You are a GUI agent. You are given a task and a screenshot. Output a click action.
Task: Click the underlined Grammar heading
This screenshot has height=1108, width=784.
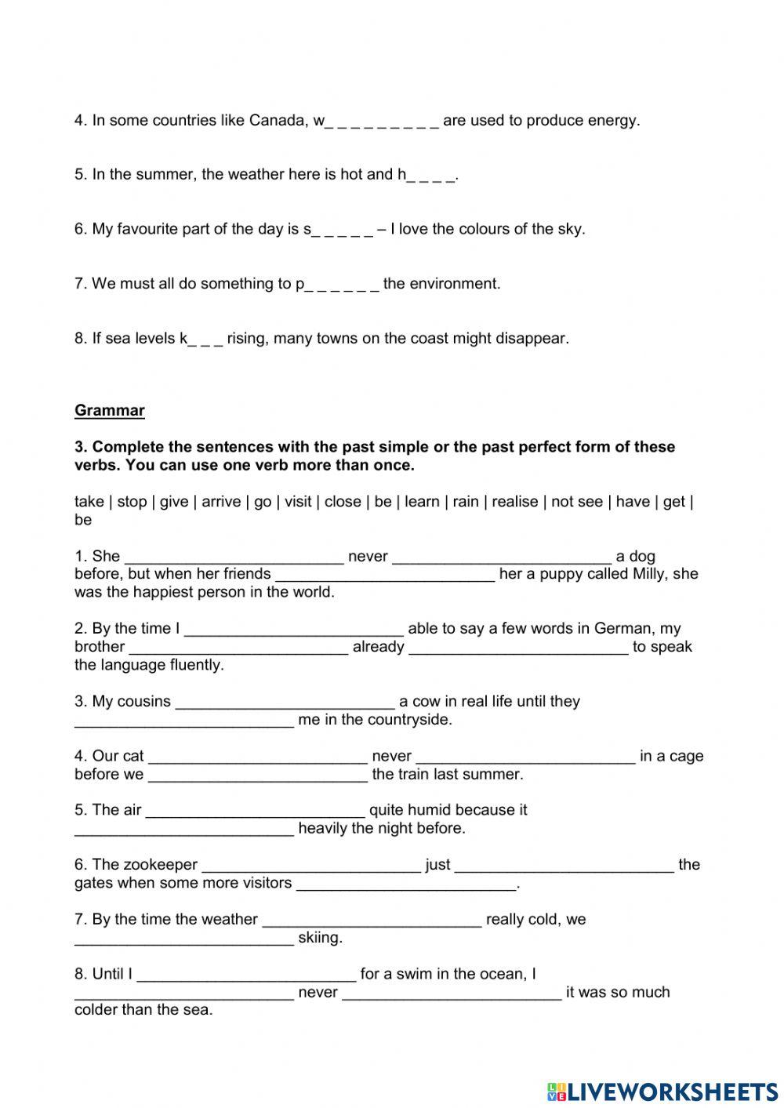[110, 410]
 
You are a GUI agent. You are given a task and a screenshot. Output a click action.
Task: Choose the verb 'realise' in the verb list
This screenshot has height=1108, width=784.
[514, 502]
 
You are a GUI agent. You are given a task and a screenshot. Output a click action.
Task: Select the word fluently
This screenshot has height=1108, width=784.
[197, 665]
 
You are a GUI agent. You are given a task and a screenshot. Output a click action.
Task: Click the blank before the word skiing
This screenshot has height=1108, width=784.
[184, 939]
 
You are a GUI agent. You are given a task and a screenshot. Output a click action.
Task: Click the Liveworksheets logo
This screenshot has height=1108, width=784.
[662, 1091]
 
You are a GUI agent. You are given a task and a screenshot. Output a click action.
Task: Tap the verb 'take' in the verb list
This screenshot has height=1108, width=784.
[89, 502]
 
